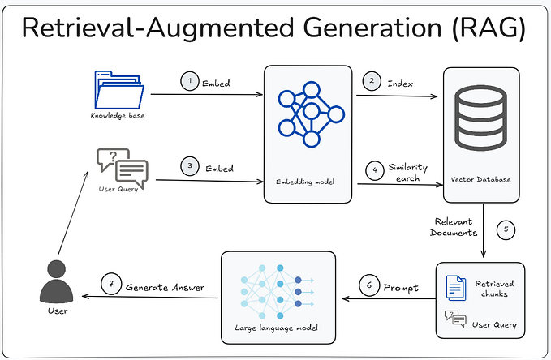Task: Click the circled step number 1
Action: [188, 80]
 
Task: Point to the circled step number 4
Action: [373, 171]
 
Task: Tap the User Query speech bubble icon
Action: [122, 167]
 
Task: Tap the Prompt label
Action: [401, 286]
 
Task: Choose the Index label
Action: [401, 82]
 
